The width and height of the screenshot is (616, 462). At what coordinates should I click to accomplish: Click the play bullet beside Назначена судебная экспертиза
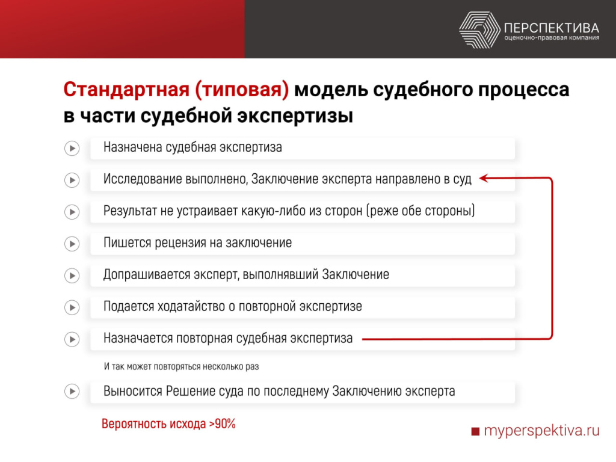point(72,148)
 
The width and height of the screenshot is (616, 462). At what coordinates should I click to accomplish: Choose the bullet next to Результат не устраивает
point(72,212)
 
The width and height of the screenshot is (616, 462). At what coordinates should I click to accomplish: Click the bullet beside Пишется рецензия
point(72,244)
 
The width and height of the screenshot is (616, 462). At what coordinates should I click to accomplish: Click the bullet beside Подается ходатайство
point(72,307)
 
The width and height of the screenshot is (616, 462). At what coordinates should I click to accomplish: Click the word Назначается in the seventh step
point(138,338)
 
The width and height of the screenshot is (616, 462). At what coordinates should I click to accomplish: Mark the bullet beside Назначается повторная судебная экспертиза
point(72,339)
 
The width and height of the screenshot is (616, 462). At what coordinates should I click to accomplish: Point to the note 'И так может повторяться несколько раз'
point(181,366)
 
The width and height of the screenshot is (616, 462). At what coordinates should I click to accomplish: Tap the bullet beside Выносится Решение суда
point(72,392)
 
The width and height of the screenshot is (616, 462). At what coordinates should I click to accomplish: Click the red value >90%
point(222,423)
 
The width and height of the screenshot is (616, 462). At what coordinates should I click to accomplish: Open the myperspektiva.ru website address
point(541,431)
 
